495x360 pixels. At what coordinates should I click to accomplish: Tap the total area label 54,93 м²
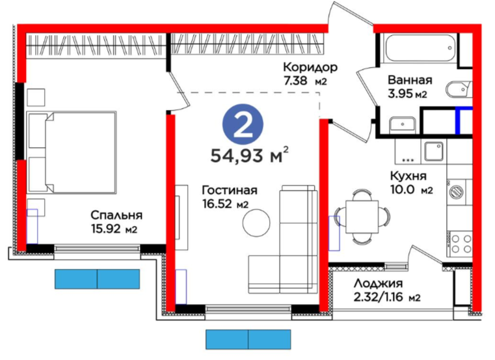[x=249, y=155]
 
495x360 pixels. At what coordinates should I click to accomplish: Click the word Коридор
[x=310, y=67]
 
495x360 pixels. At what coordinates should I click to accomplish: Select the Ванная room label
[x=410, y=80]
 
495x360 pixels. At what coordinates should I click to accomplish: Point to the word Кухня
[x=408, y=176]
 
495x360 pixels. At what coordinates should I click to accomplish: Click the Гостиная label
[x=230, y=190]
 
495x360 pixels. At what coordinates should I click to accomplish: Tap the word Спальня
[x=116, y=215]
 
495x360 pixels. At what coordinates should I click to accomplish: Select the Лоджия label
[x=378, y=283]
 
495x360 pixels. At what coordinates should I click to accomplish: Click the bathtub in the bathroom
[x=419, y=48]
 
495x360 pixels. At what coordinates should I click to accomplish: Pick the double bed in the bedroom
[x=72, y=152]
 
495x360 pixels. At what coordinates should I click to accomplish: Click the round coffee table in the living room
[x=256, y=223]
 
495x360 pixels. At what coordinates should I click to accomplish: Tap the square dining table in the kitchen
[x=362, y=217]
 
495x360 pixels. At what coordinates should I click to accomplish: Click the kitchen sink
[x=434, y=151]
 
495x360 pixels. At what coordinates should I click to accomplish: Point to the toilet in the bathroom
[x=459, y=90]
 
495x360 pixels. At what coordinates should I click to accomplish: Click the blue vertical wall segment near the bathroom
[x=457, y=120]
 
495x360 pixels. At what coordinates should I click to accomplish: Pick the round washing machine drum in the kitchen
[x=457, y=191]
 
